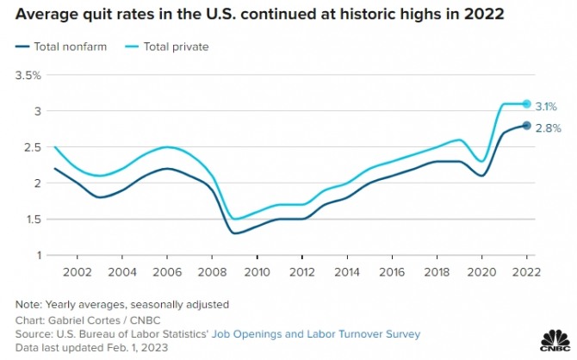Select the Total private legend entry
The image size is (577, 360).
(169, 47)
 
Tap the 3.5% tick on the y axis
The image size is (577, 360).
(28, 76)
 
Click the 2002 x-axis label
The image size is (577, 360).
(77, 272)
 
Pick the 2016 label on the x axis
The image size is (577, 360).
(392, 272)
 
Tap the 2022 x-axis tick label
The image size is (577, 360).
(527, 272)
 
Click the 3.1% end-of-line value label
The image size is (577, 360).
(548, 106)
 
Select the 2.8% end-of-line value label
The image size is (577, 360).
(549, 128)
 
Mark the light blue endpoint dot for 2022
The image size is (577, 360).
(527, 104)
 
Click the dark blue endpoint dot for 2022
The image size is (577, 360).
(527, 126)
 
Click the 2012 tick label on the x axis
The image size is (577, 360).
(301, 272)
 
